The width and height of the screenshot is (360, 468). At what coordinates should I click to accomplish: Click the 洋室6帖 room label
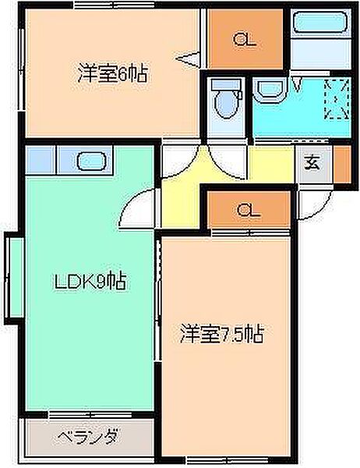point(112,75)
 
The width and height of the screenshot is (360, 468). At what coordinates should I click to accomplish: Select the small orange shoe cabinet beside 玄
point(341,164)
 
